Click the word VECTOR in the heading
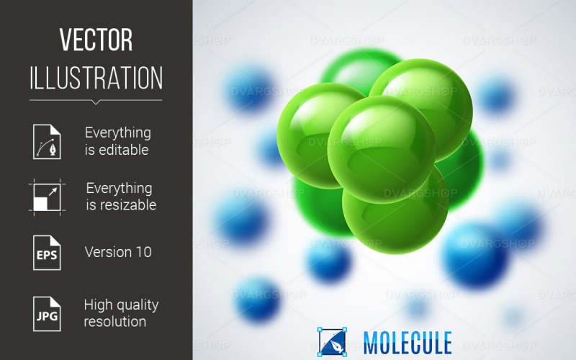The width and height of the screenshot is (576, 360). tap(96, 40)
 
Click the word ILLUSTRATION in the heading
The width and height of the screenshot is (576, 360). tap(96, 78)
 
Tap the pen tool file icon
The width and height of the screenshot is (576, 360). tap(46, 141)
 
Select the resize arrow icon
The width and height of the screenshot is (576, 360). tap(46, 197)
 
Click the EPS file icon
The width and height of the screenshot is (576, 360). tap(46, 253)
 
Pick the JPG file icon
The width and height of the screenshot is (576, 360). tap(46, 313)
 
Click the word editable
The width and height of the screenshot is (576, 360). tap(117, 150)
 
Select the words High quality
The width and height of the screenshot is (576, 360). tap(121, 305)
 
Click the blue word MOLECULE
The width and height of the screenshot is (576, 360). tap(408, 342)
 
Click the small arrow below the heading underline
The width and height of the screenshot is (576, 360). tap(96, 102)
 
